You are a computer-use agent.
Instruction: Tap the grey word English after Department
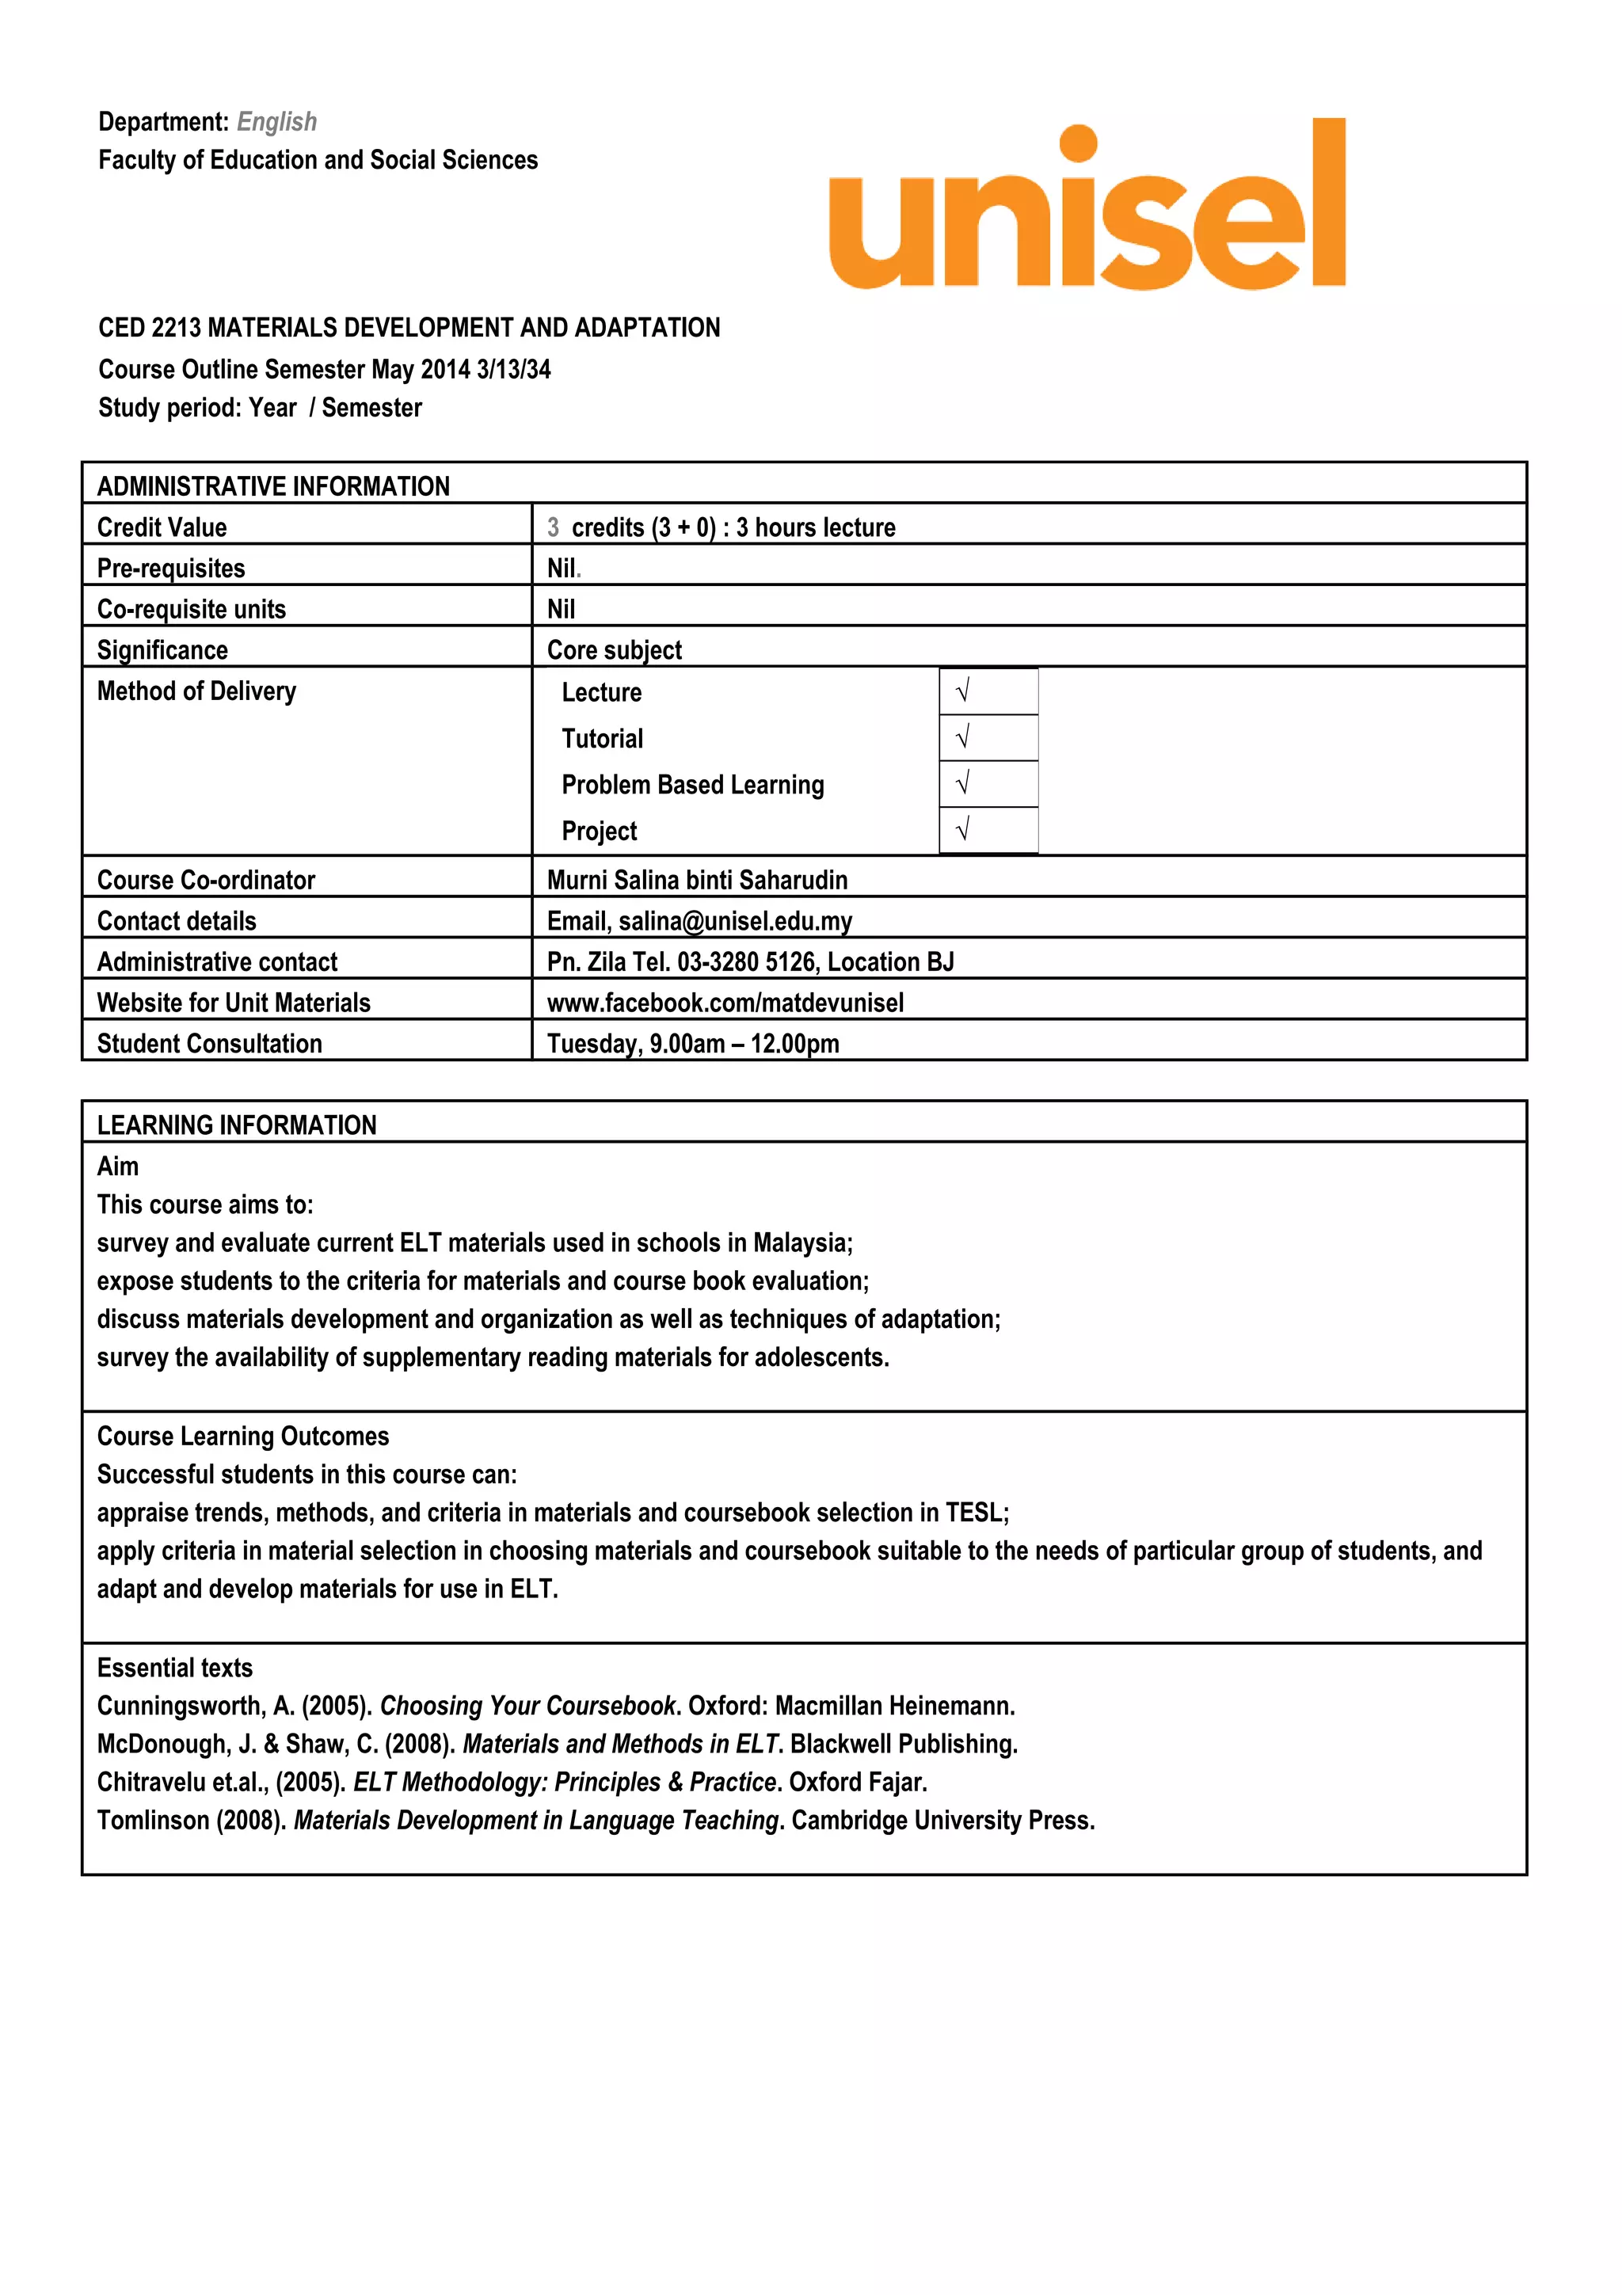coord(277,122)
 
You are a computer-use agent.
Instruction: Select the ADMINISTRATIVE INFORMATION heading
coord(272,487)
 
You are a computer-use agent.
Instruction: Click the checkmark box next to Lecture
coord(988,691)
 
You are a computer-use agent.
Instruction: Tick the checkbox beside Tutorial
coord(988,738)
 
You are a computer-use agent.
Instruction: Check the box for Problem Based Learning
coord(988,784)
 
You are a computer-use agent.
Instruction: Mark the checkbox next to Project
coord(988,830)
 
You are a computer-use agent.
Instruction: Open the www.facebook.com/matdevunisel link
coord(725,1003)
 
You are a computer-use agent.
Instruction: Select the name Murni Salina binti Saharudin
coord(697,880)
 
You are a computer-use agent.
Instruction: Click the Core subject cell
coord(614,649)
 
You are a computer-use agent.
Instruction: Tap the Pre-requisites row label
coord(171,568)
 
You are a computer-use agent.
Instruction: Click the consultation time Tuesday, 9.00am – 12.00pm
coord(692,1044)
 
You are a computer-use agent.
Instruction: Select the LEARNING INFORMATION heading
coord(237,1125)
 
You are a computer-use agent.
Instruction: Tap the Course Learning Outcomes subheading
coord(243,1437)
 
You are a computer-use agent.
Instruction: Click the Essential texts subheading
coord(175,1667)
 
